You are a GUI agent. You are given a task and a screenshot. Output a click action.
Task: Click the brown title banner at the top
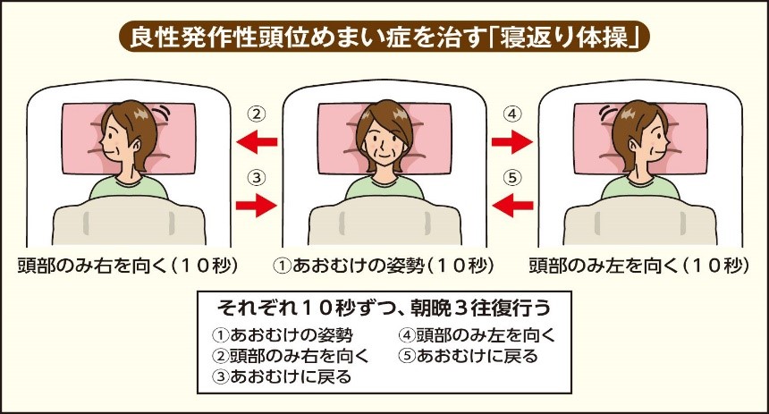[x=384, y=37]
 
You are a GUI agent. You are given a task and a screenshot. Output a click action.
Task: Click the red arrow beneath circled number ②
[x=257, y=142]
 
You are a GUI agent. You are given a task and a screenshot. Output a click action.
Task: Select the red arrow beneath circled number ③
[x=257, y=205]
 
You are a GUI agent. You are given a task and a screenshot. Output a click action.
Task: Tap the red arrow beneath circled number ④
[x=512, y=142]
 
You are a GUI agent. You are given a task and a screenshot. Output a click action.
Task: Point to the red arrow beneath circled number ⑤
[x=512, y=205]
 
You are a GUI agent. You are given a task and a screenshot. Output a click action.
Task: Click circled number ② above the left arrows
[x=257, y=114]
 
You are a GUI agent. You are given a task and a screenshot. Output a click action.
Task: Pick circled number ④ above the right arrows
[x=512, y=114]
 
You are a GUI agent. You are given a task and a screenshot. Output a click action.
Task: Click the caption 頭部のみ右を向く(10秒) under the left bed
[x=128, y=266]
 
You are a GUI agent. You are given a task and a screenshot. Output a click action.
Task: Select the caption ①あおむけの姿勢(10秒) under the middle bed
[x=384, y=266]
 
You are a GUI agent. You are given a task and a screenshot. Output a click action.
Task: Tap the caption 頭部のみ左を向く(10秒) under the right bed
[x=639, y=266]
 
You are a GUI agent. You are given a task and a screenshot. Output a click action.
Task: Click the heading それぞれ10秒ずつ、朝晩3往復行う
[x=384, y=308]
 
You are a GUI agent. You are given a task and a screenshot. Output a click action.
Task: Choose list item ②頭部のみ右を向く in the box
[x=291, y=356]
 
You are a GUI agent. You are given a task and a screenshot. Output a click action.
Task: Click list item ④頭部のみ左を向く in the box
[x=477, y=335]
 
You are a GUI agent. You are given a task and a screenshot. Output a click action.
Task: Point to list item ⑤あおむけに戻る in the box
[x=469, y=356]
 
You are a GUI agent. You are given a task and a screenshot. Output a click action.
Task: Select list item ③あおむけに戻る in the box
[x=282, y=376]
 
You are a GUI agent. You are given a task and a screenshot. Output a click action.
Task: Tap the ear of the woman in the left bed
[x=136, y=144]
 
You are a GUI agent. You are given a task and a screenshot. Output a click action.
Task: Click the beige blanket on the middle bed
[x=384, y=221]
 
